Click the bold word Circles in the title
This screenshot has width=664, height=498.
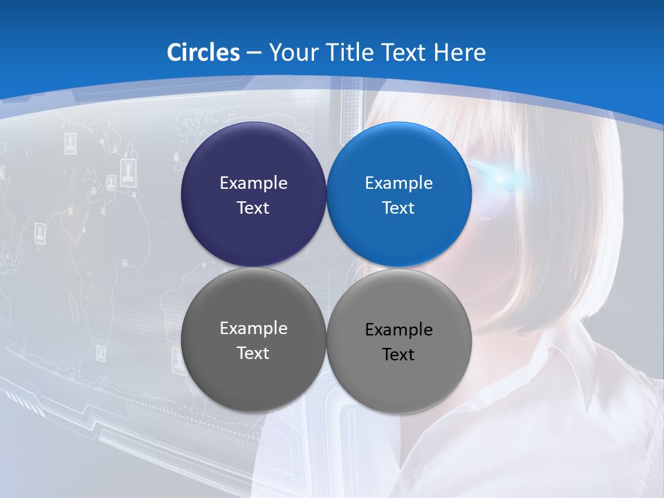pyautogui.click(x=203, y=53)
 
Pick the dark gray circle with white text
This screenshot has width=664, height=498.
pyautogui.click(x=253, y=373)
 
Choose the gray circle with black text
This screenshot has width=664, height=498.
pyautogui.click(x=399, y=377)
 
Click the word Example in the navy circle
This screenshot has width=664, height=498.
pyautogui.click(x=253, y=183)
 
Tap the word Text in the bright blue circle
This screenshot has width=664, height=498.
pyautogui.click(x=398, y=208)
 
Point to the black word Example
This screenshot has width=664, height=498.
pyautogui.click(x=399, y=330)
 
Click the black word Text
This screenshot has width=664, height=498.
pyautogui.click(x=398, y=355)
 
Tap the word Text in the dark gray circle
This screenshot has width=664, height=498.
pyautogui.click(x=253, y=353)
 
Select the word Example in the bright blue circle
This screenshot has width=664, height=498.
pyautogui.click(x=399, y=183)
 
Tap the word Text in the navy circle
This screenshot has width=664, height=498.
pyautogui.click(x=253, y=208)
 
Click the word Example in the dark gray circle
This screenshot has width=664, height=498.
pyautogui.click(x=253, y=329)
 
